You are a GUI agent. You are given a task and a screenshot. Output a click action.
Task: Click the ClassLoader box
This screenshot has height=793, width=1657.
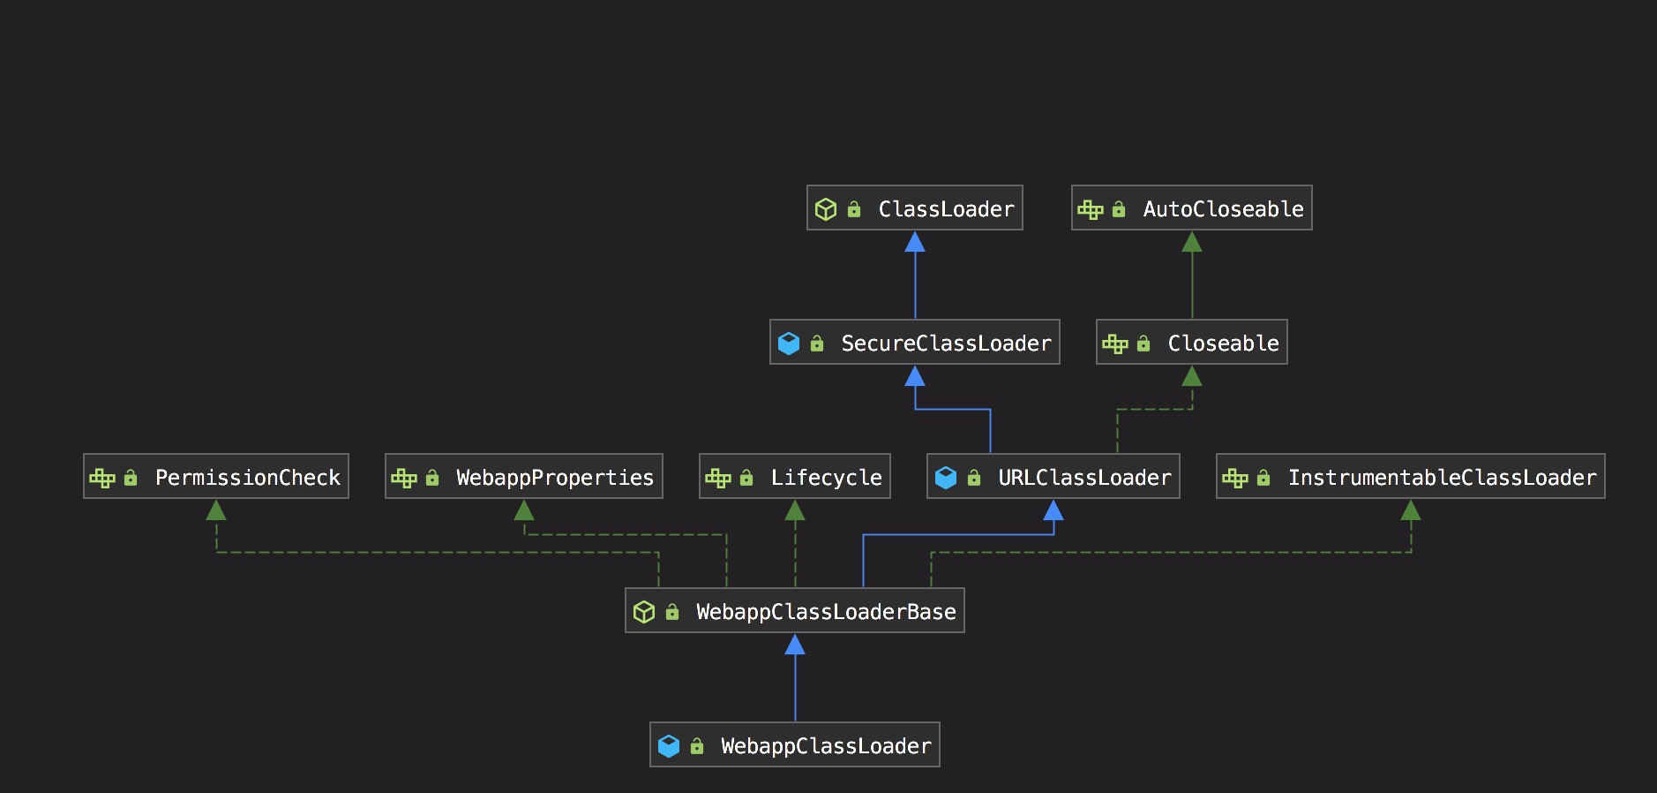pyautogui.click(x=914, y=208)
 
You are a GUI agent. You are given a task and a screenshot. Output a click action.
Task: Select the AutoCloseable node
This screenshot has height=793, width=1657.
pyautogui.click(x=1191, y=208)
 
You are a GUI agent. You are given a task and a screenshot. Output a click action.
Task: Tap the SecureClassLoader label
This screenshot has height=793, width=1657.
pyautogui.click(x=946, y=344)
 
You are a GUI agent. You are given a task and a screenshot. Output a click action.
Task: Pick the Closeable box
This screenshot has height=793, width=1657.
pyautogui.click(x=1191, y=343)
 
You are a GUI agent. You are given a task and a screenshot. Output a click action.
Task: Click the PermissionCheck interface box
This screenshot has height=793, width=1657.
pyautogui.click(x=216, y=477)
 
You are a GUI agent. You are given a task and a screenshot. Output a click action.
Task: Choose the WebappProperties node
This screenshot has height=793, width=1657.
pyautogui.click(x=523, y=477)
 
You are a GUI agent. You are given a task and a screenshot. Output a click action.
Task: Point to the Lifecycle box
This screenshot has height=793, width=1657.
pyautogui.click(x=794, y=477)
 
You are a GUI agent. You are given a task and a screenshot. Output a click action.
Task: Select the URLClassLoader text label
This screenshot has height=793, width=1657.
pyautogui.click(x=1084, y=478)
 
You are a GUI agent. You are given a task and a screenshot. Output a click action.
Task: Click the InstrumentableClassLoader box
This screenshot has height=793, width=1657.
pyautogui.click(x=1410, y=477)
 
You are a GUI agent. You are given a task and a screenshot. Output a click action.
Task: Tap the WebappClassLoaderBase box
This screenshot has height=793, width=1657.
pyautogui.click(x=794, y=611)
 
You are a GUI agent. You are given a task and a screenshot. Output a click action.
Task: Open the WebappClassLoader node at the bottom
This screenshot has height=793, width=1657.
pyautogui.click(x=794, y=745)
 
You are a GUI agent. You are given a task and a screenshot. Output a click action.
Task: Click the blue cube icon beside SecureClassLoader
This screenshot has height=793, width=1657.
pyautogui.click(x=789, y=344)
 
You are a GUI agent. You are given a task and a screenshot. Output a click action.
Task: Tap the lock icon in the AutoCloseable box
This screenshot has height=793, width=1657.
pyautogui.click(x=1119, y=209)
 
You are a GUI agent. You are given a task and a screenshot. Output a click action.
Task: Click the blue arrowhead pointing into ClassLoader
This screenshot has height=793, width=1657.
pyautogui.click(x=915, y=242)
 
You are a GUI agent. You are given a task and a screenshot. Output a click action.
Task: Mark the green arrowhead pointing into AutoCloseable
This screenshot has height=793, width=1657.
pyautogui.click(x=1192, y=242)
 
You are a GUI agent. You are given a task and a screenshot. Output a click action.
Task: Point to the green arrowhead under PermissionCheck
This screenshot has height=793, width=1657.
pyautogui.click(x=216, y=510)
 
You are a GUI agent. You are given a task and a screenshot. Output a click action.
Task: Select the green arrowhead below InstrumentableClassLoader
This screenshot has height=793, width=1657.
pyautogui.click(x=1411, y=510)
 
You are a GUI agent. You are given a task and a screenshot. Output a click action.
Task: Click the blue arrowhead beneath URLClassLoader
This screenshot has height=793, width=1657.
pyautogui.click(x=1053, y=510)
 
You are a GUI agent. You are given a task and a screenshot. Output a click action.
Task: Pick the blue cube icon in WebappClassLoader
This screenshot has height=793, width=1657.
pyautogui.click(x=669, y=746)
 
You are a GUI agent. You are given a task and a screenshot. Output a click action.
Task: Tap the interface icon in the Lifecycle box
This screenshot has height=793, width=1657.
pyautogui.click(x=718, y=478)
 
